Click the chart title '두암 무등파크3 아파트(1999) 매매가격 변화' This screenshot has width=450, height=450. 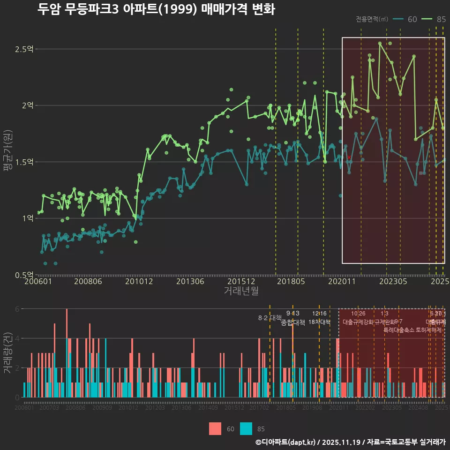tap(156, 10)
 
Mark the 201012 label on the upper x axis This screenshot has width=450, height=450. tap(140, 281)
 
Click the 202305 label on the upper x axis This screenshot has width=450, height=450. tap(393, 281)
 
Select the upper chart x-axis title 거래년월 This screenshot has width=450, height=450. tap(241, 291)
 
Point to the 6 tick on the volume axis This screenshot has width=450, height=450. tap(18, 309)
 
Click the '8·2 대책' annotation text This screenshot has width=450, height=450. tap(270, 318)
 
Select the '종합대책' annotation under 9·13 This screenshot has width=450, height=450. tap(293, 322)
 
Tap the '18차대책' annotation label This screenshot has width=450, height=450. tap(320, 322)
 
